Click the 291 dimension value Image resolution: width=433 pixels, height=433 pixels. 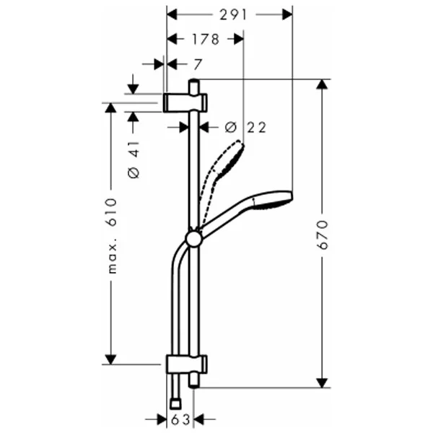233,15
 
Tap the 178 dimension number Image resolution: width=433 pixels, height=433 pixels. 206,39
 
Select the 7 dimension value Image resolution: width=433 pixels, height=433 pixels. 198,65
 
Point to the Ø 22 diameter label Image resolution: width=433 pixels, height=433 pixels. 245,127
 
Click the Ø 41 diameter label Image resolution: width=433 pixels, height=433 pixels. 134,159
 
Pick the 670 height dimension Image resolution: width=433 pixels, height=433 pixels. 323,235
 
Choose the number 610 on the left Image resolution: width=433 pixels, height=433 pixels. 111,212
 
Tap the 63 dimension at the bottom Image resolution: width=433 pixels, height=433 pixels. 180,420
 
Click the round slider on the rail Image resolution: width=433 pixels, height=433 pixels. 194,239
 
